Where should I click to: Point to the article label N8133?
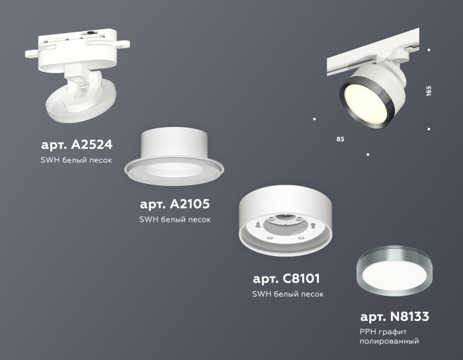click(x=395, y=316)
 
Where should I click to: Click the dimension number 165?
click(x=429, y=91)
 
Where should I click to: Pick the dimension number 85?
click(x=341, y=140)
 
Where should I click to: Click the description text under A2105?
click(x=175, y=220)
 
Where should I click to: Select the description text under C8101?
click(x=287, y=294)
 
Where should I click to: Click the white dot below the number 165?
click(x=429, y=129)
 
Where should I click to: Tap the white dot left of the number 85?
click(x=314, y=119)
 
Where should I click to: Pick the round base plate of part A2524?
click(x=79, y=106)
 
